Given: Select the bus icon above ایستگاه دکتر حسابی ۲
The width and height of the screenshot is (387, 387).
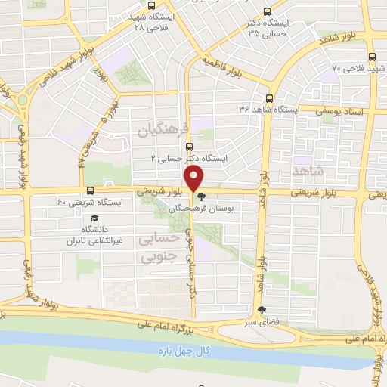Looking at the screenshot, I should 189,147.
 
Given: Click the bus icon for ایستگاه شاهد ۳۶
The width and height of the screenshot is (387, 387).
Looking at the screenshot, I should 269,98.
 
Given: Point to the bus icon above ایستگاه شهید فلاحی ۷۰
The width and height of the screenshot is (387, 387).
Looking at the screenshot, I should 372,57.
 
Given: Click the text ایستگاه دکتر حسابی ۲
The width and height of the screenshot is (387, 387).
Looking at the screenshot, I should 190,159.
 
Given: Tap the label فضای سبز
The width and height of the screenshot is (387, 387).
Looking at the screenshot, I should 262,321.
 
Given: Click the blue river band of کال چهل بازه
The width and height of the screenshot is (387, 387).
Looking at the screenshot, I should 113,344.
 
